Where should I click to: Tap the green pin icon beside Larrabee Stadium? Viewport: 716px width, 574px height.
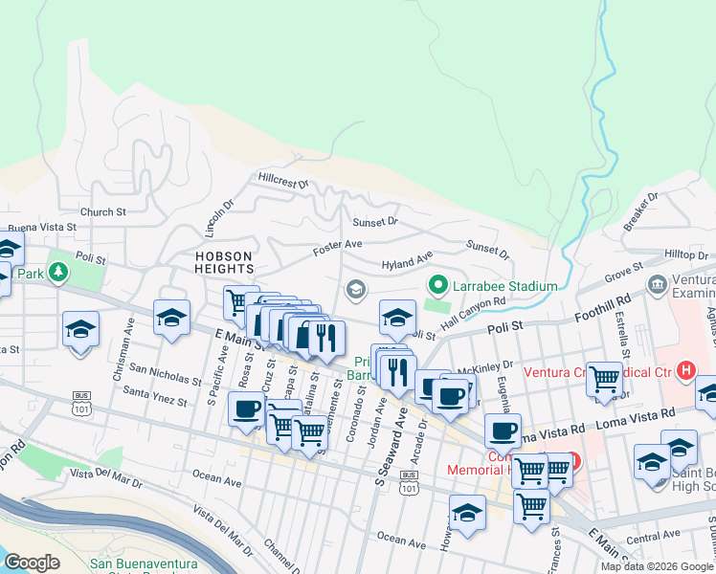tap(438, 284)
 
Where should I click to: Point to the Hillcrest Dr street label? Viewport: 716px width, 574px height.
tap(283, 180)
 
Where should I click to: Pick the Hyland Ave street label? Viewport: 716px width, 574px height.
tap(407, 261)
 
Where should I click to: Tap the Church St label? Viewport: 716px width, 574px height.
tap(103, 212)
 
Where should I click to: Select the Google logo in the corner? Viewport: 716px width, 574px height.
tap(32, 563)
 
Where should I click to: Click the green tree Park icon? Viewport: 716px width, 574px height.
tap(59, 273)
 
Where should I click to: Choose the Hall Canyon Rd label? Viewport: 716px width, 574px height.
tap(473, 314)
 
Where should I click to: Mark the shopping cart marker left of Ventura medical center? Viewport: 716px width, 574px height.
tap(604, 378)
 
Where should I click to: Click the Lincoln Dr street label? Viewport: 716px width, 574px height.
tap(219, 221)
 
